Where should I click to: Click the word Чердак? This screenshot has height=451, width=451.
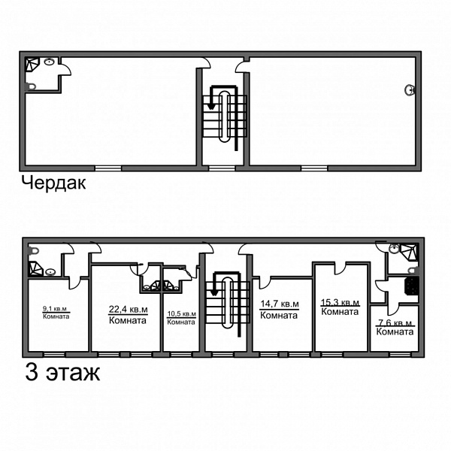(x=54, y=183)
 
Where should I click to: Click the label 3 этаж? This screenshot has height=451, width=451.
(x=62, y=373)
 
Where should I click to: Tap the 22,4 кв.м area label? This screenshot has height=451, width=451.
(x=129, y=310)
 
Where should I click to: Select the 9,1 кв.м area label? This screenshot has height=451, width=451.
(x=55, y=309)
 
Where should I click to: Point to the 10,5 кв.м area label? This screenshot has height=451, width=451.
(x=181, y=313)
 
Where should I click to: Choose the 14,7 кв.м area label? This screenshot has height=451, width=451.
(x=280, y=304)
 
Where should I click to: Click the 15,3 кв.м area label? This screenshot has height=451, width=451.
(x=341, y=302)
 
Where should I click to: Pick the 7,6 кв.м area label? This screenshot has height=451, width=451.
(x=395, y=323)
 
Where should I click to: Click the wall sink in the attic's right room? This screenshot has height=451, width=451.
(x=410, y=89)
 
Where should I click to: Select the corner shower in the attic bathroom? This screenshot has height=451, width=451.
(x=31, y=64)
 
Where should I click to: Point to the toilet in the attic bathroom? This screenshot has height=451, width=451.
(x=31, y=86)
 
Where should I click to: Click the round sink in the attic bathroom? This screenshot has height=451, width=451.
(x=50, y=62)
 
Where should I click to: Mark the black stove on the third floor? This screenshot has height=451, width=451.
(x=412, y=286)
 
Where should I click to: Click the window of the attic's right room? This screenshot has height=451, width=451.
(x=314, y=168)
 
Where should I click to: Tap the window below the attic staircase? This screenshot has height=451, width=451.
(x=222, y=168)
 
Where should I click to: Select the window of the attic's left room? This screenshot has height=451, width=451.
(x=108, y=168)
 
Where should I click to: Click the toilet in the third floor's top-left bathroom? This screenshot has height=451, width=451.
(x=34, y=251)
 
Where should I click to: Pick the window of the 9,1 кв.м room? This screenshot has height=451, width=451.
(x=54, y=354)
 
